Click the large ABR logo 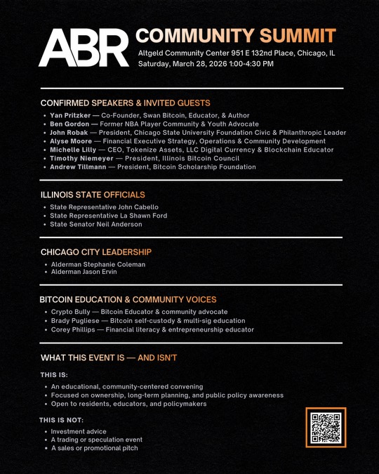click(84, 48)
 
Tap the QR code click(325, 428)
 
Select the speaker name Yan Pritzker click(69, 115)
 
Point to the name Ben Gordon click(69, 124)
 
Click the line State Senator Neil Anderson click(96, 224)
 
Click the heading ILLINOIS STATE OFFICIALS click(93, 194)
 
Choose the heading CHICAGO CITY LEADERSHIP click(95, 251)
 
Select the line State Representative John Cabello click(104, 207)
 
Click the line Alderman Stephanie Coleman click(98, 264)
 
